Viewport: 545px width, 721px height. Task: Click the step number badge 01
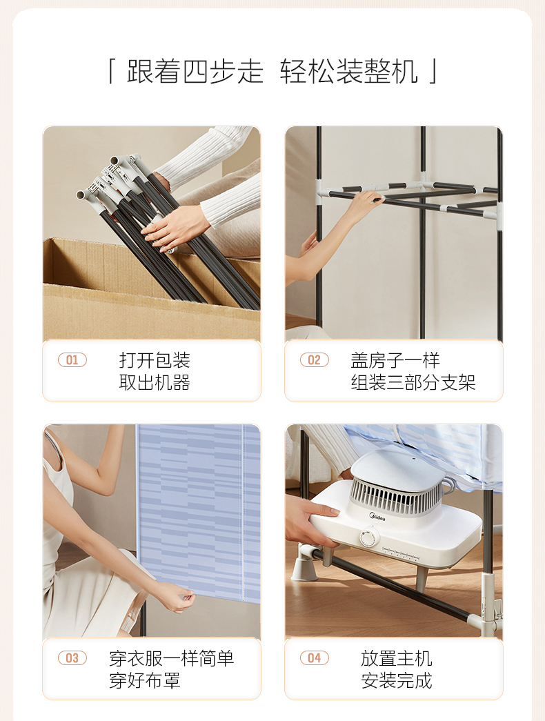tap(72, 359)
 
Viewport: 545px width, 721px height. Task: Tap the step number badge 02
tap(315, 359)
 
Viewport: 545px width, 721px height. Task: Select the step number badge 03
tap(72, 658)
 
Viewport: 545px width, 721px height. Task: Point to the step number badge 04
tap(315, 658)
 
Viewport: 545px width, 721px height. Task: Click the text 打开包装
tap(155, 360)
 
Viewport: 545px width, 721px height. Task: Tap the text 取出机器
tap(155, 382)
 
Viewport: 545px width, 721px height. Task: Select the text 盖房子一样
tap(395, 360)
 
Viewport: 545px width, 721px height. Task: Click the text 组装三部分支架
tap(413, 382)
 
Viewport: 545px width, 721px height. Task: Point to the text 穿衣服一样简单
tap(172, 658)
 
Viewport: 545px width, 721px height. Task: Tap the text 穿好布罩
tap(144, 680)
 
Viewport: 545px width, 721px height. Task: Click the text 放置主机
tap(397, 658)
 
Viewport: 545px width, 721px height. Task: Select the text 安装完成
tap(397, 680)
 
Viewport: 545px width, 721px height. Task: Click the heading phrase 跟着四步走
tap(195, 72)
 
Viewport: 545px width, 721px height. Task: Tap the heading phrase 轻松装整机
tap(349, 72)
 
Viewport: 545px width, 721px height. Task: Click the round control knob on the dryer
tap(369, 537)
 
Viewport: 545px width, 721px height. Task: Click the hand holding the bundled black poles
tap(173, 228)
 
